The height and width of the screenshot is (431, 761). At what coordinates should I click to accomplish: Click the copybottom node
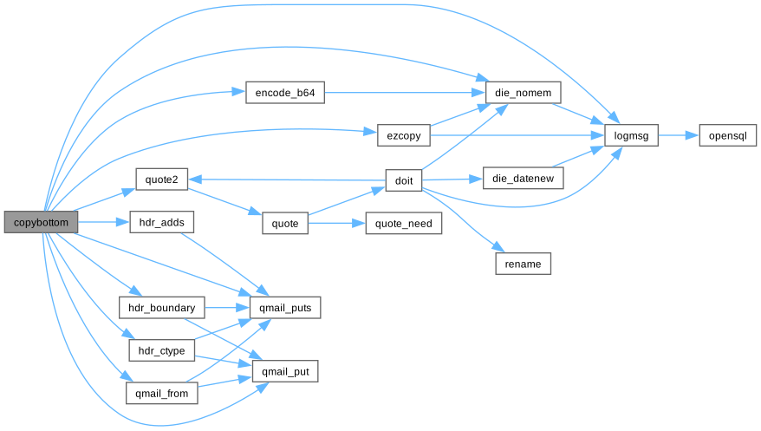(41, 223)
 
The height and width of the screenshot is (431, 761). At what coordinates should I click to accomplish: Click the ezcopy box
(404, 135)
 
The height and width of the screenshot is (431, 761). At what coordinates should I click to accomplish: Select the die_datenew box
(524, 180)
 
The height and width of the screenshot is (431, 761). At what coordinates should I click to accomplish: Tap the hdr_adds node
(161, 223)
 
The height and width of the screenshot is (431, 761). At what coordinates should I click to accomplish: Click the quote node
(285, 224)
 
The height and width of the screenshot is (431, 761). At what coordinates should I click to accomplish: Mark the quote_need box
(404, 224)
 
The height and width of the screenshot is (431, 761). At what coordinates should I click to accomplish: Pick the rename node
(524, 264)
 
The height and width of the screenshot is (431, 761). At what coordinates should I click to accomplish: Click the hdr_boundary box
(161, 307)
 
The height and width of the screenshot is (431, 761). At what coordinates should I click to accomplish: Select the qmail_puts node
(285, 307)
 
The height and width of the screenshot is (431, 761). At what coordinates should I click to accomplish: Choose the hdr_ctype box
(161, 351)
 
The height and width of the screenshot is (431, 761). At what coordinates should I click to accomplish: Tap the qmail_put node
(285, 371)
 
